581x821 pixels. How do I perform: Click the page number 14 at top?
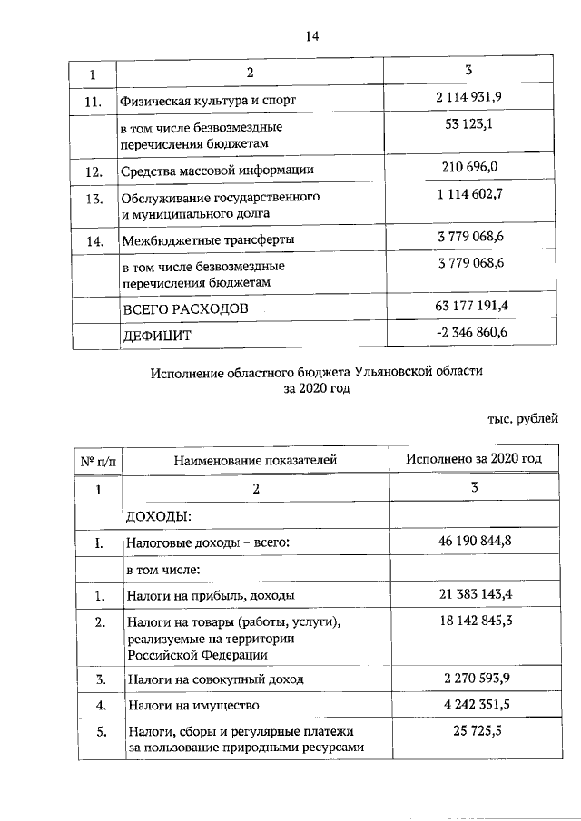coord(313,35)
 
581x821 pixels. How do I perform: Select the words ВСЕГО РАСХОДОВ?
coord(185,310)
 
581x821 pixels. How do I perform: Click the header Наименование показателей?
coord(256,460)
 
